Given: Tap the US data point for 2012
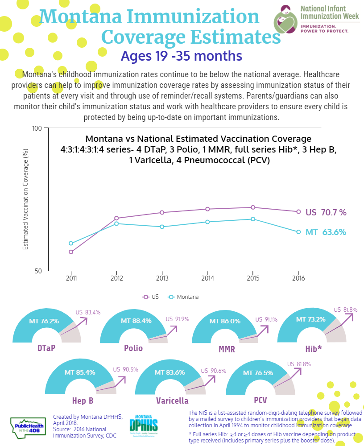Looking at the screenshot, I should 116,218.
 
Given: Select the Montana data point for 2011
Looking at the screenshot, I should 71,243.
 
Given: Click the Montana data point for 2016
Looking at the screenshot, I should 298,232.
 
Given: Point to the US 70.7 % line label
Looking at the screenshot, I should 326,212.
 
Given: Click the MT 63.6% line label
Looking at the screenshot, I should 326,232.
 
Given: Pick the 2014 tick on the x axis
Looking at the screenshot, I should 207,278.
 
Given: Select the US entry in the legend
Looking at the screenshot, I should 151,297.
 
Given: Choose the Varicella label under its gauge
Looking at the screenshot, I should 172,401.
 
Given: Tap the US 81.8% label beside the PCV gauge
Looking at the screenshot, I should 299,364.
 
